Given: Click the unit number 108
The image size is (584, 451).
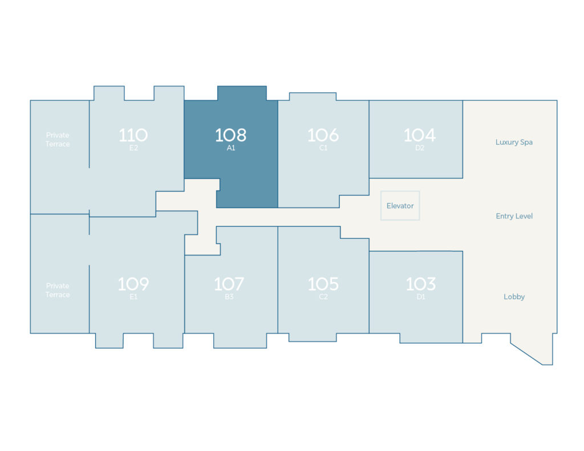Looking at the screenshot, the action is [230, 135].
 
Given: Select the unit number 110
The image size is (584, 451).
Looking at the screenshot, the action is [133, 135].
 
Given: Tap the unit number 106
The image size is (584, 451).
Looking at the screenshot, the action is [323, 135].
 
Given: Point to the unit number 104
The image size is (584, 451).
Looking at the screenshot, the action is [420, 135].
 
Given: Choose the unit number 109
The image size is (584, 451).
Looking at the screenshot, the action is [133, 284].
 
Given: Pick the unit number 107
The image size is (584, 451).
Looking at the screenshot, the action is [229, 284].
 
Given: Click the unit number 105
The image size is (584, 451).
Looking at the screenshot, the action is [323, 284].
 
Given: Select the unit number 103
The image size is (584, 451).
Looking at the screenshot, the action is [420, 284].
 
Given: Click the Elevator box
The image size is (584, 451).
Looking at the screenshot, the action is [400, 206].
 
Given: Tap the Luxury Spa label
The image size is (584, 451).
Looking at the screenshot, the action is [514, 143].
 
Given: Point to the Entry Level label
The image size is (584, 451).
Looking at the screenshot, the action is [514, 216].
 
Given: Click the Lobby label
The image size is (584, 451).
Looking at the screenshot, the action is [514, 297].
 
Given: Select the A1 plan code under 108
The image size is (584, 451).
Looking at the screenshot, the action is [231, 148].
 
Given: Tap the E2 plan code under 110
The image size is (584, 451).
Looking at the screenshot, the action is [133, 148].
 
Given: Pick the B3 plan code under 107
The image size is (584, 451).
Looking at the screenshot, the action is [229, 297].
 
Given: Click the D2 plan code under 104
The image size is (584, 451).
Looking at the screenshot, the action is [420, 148].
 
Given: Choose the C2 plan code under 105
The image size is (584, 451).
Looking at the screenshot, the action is [323, 297].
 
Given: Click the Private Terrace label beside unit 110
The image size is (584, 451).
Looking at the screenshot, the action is [58, 140].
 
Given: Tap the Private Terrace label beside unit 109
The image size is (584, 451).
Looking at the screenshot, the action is [58, 290].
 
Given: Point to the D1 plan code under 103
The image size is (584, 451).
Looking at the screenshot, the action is [421, 297].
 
